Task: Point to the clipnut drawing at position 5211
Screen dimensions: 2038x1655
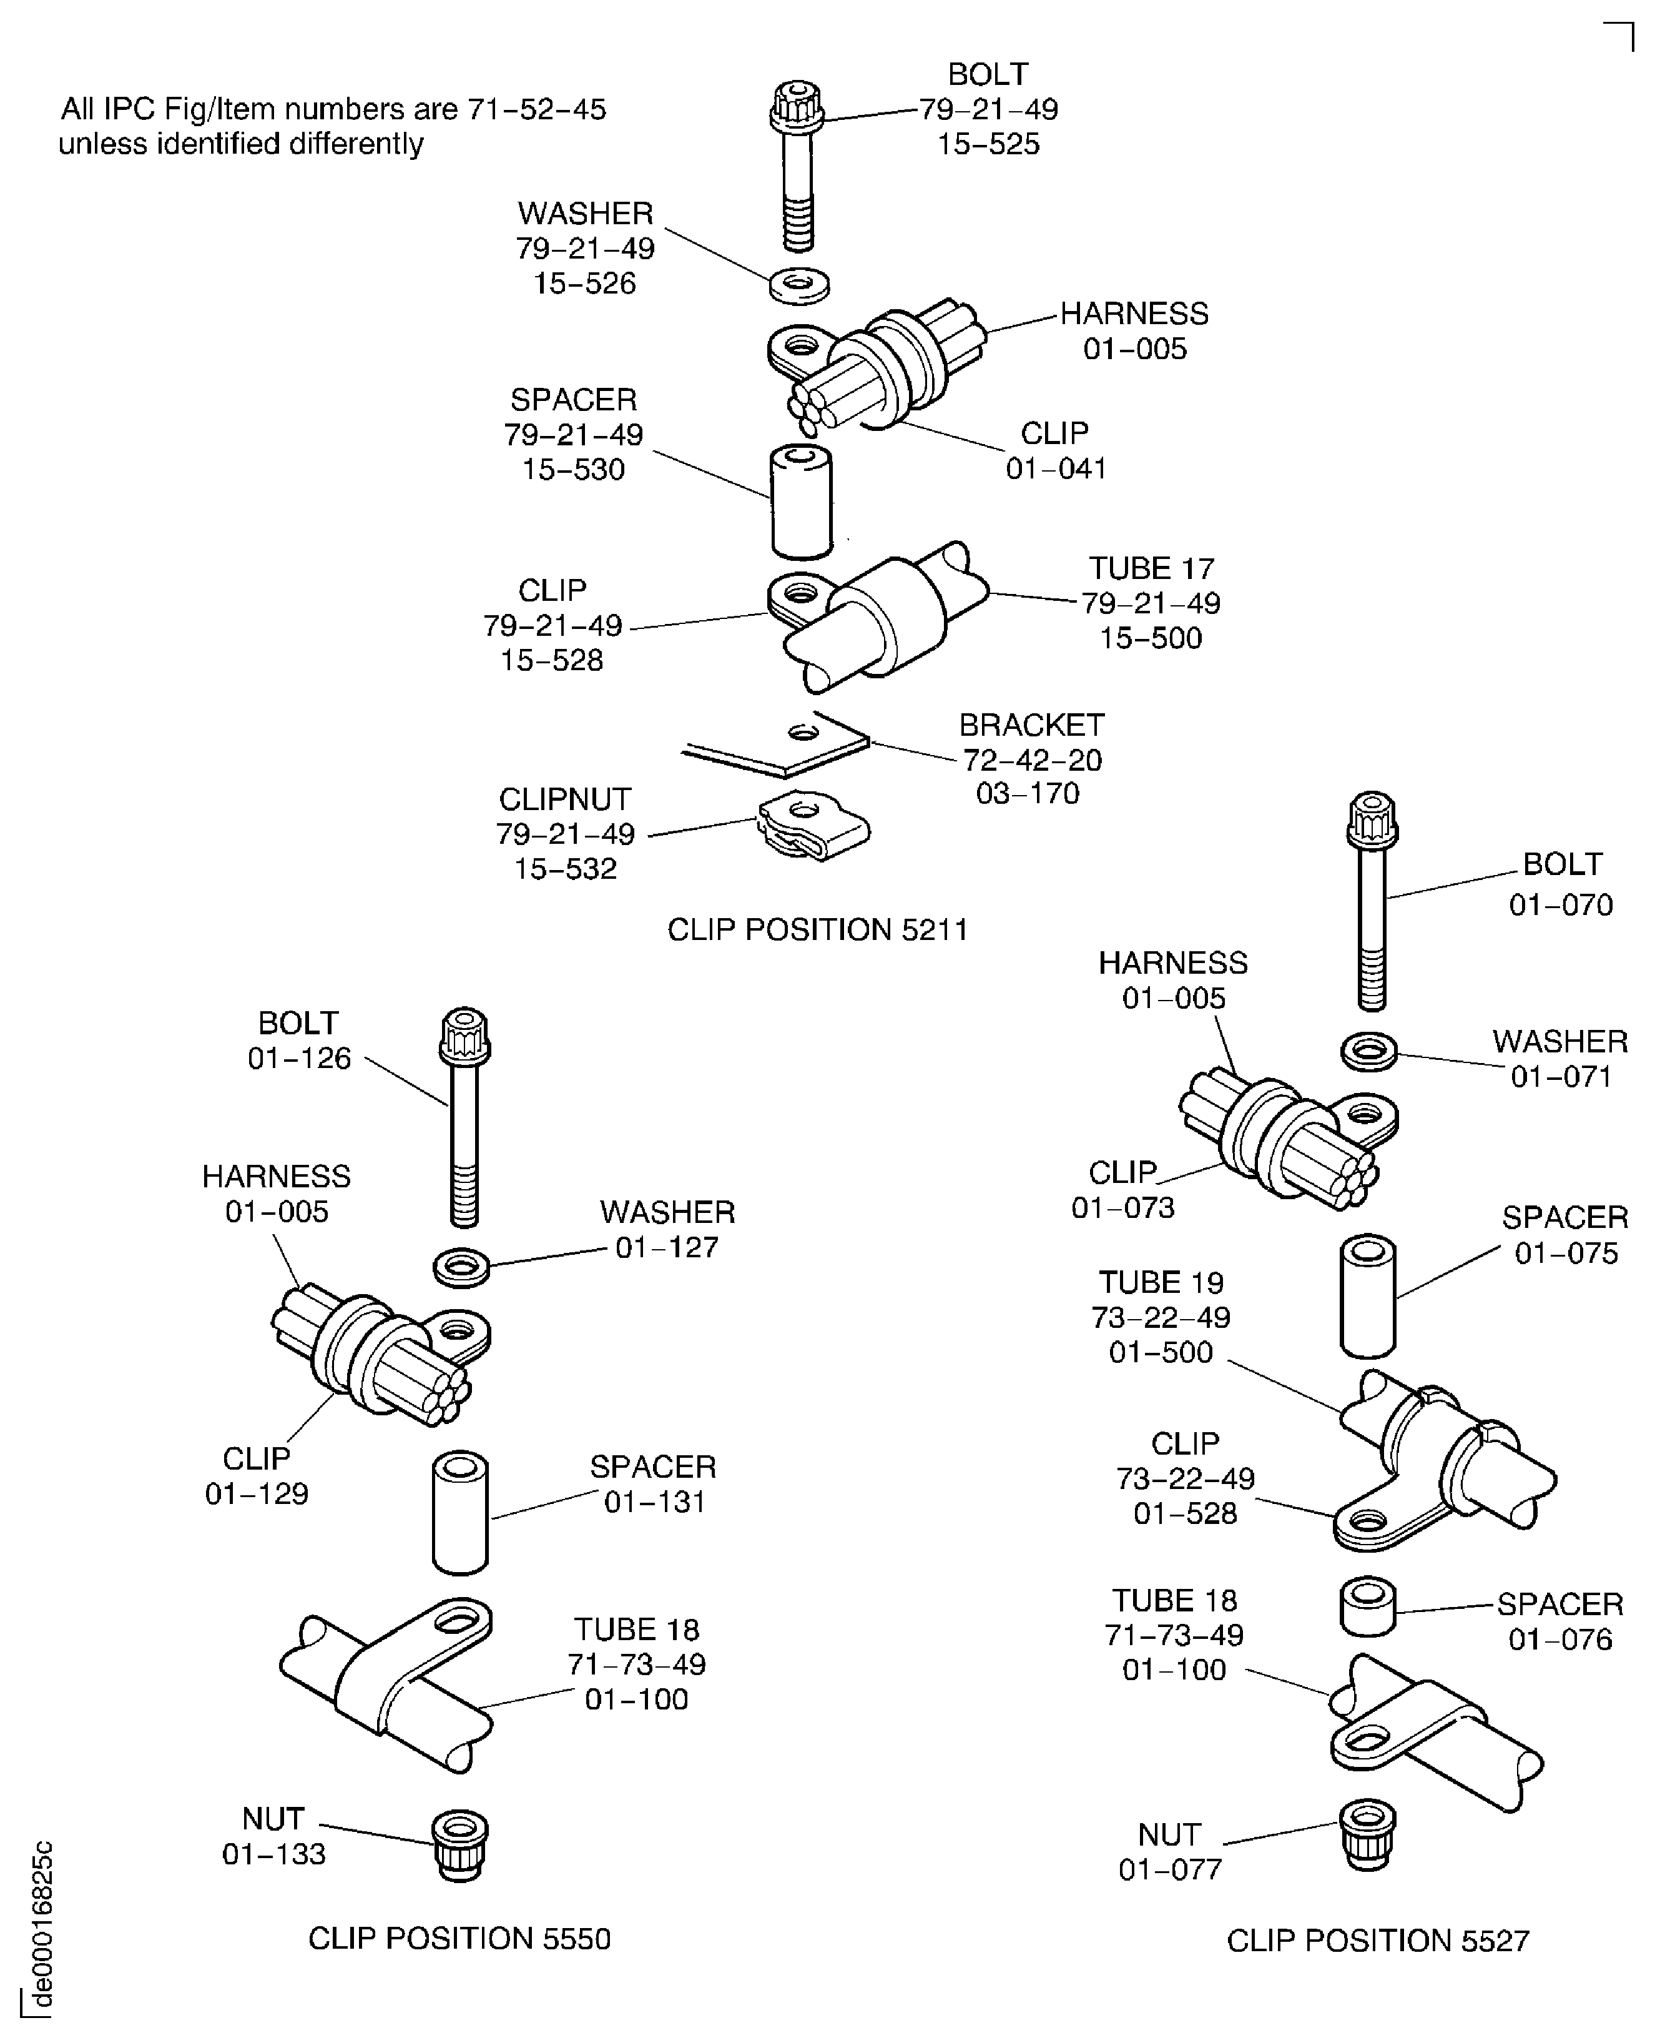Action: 813,826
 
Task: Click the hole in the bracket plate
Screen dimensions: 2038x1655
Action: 803,733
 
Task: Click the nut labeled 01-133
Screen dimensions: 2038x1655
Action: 461,1846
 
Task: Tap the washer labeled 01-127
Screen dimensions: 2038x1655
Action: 461,1267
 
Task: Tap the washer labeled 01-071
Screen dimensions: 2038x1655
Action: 1369,1052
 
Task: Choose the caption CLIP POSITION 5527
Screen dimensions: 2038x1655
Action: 1378,1941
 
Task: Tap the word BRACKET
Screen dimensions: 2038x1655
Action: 1031,725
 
